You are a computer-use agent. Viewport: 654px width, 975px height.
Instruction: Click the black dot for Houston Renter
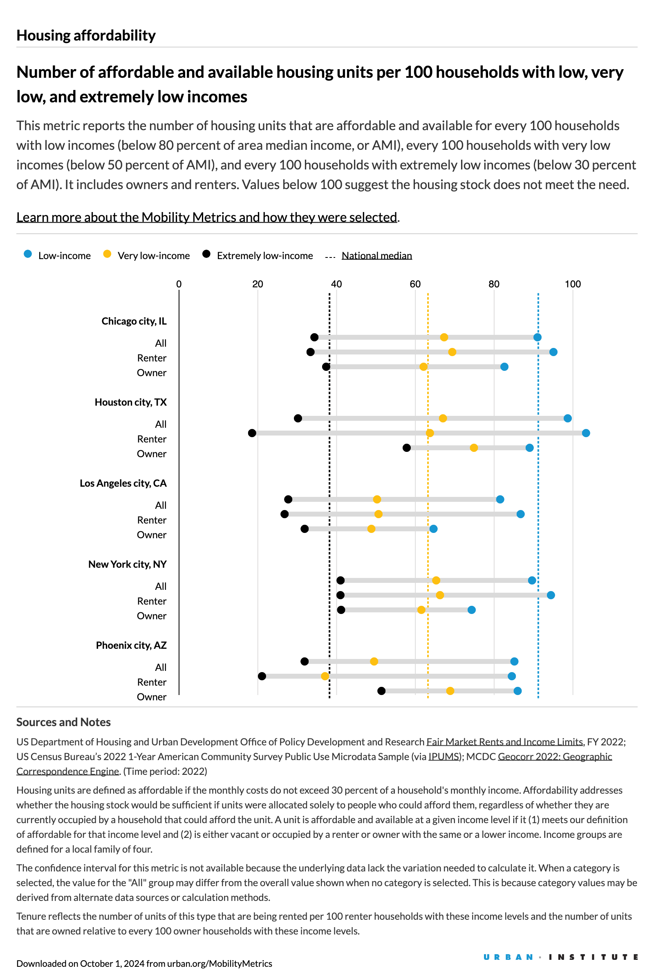(252, 433)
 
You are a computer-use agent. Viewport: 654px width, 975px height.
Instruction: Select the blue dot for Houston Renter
(586, 433)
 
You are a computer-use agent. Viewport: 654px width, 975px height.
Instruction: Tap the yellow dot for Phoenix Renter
(325, 676)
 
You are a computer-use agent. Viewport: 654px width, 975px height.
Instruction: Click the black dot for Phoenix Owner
(381, 691)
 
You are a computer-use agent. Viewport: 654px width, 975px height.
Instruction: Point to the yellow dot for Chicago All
(444, 337)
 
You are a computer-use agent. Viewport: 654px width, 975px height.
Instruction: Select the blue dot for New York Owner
(471, 610)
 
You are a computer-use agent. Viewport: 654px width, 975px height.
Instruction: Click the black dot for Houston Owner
(407, 448)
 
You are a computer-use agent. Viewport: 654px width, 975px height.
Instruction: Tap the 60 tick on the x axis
(415, 284)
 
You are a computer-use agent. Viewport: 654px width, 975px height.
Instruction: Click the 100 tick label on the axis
(573, 284)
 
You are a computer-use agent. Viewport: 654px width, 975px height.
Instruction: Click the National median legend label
(376, 255)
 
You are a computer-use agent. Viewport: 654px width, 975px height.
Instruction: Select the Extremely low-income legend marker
(206, 254)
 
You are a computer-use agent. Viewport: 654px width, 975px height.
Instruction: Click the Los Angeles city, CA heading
(123, 483)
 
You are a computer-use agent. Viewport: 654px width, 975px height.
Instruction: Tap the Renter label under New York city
(151, 601)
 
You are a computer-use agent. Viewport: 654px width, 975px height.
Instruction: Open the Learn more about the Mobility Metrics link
(206, 217)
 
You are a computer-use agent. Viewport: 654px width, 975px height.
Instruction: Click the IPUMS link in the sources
(444, 756)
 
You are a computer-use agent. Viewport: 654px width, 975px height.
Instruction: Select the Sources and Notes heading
(63, 722)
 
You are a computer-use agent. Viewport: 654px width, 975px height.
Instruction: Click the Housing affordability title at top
(86, 36)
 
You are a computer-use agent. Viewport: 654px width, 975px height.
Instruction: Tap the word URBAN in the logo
(508, 957)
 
